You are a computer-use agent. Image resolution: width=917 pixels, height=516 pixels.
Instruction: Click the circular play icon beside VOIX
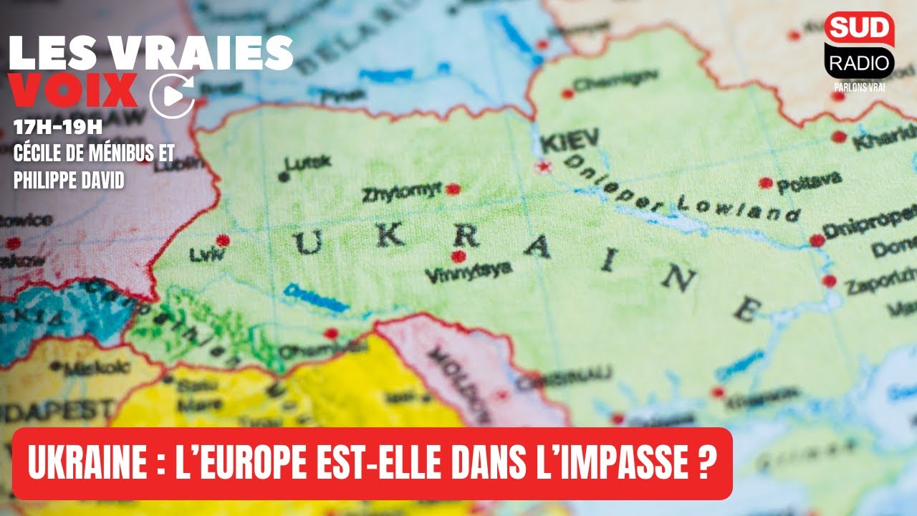[172, 95]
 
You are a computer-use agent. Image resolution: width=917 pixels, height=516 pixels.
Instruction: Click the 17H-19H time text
[58, 128]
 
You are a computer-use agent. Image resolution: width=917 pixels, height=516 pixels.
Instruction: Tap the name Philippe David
[69, 179]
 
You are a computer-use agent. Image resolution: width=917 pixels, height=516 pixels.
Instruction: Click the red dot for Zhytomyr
[452, 189]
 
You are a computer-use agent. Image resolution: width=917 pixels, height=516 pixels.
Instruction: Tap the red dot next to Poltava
[766, 183]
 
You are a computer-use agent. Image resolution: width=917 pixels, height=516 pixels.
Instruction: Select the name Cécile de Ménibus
[93, 153]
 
